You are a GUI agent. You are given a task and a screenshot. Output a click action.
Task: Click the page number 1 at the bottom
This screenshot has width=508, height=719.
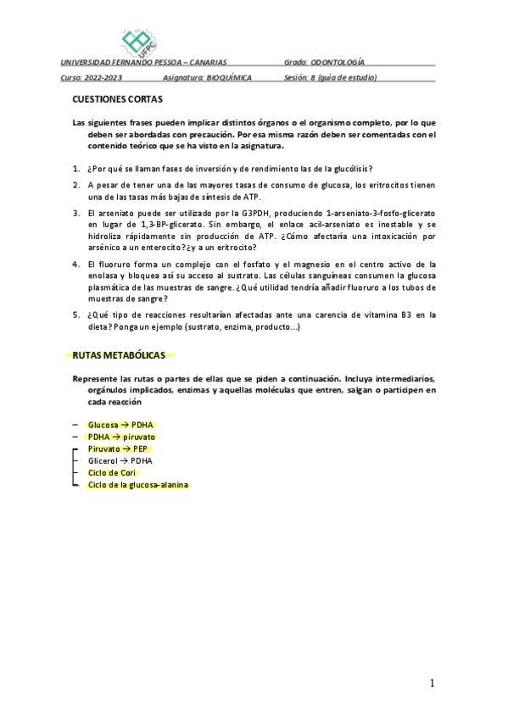[x=432, y=683]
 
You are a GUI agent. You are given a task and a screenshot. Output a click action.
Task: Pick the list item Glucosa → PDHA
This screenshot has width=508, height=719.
[x=121, y=425]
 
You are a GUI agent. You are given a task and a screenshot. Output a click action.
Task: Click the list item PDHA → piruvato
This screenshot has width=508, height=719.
[x=121, y=437]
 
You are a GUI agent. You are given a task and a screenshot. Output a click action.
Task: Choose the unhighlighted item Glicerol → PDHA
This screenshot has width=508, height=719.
[x=120, y=460]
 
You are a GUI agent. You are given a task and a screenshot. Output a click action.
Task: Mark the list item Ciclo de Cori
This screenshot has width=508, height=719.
[x=112, y=472]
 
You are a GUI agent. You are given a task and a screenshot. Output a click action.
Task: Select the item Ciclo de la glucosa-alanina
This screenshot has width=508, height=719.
[x=138, y=485]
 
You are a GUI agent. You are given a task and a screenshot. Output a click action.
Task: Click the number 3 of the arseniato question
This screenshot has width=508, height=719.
[x=75, y=213]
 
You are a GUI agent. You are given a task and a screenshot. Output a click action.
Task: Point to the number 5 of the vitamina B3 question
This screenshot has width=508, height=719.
[x=75, y=315]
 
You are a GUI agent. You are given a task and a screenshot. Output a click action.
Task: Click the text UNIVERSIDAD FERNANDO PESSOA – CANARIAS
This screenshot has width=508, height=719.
[x=143, y=63]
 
